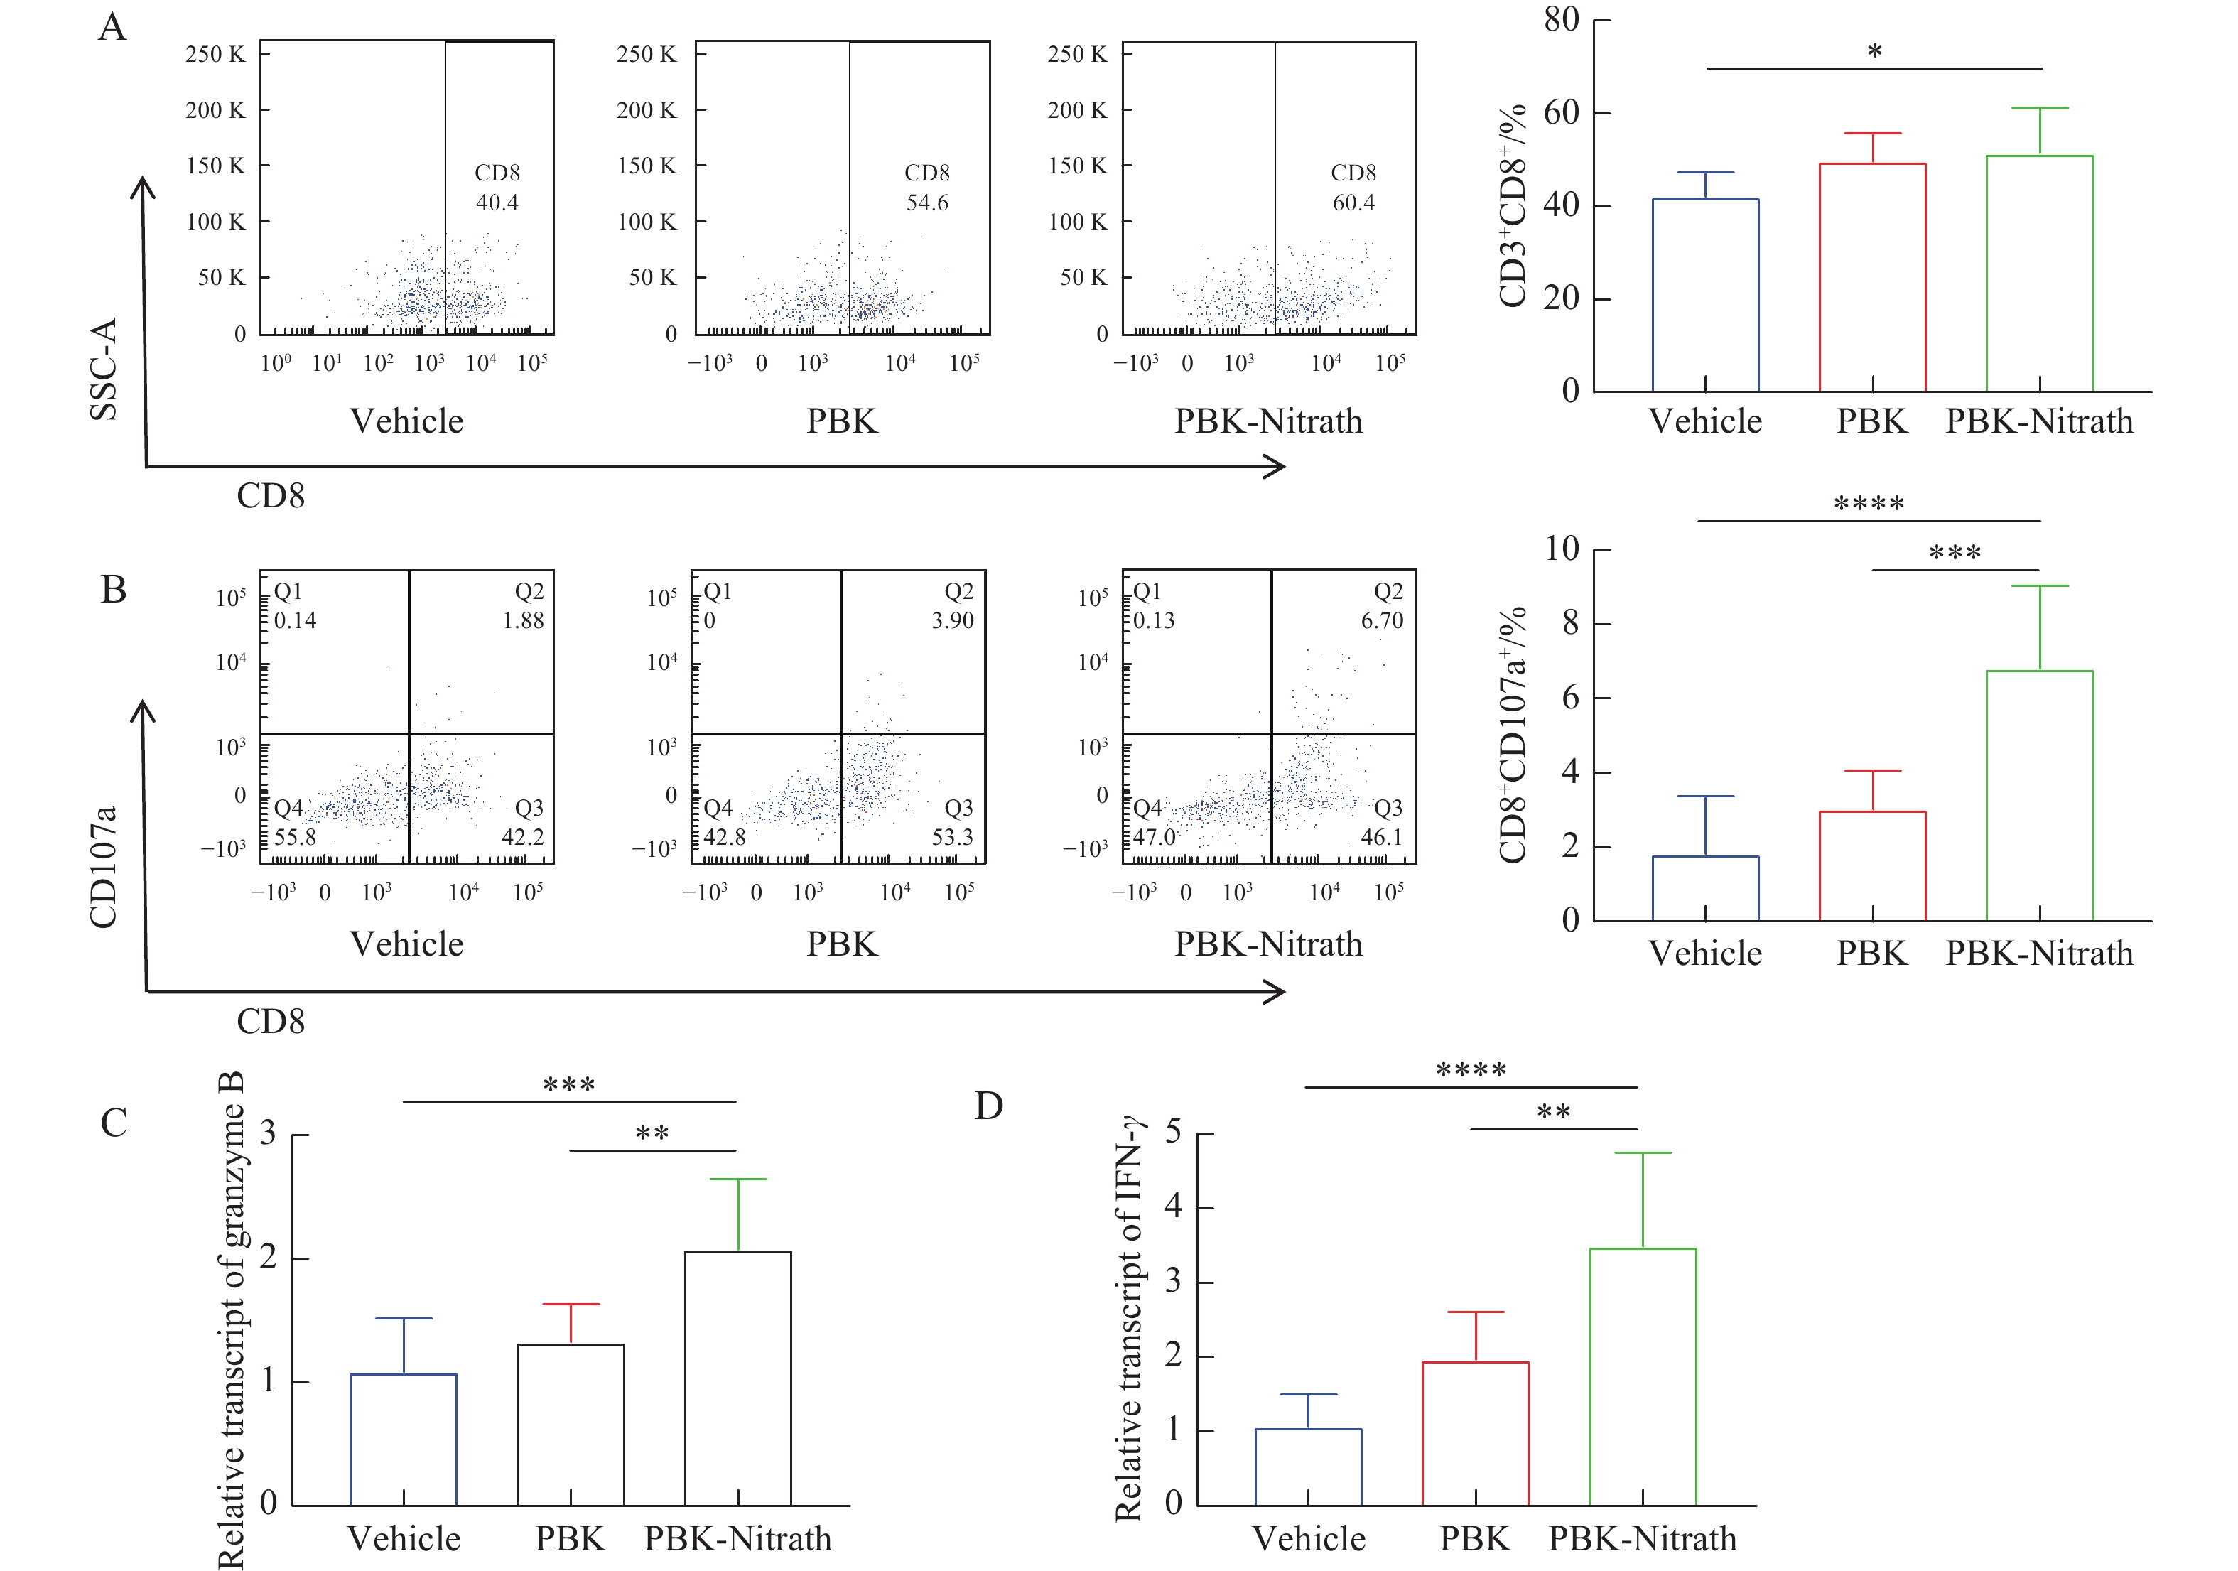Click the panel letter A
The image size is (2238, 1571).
pyautogui.click(x=113, y=27)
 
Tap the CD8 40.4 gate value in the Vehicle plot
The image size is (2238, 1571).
pyautogui.click(x=497, y=203)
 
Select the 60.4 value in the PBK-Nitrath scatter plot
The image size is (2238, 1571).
pyautogui.click(x=1354, y=203)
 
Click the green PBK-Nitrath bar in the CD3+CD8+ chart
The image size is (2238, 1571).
pyautogui.click(x=2039, y=274)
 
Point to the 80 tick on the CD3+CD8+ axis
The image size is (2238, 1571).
pyautogui.click(x=1562, y=19)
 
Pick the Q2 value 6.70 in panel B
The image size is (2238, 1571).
pyautogui.click(x=1382, y=621)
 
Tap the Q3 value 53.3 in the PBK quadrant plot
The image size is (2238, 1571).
pyautogui.click(x=952, y=837)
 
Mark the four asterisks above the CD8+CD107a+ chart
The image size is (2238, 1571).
pyautogui.click(x=1869, y=504)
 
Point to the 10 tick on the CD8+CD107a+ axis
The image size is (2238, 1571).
pyautogui.click(x=1562, y=549)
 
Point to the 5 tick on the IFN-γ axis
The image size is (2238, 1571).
pyautogui.click(x=1174, y=1133)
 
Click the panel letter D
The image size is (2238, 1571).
pyautogui.click(x=988, y=1106)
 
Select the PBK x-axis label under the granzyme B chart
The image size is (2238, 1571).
pyautogui.click(x=571, y=1539)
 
